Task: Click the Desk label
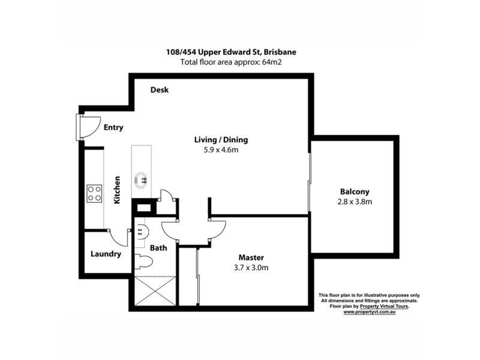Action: (160, 89)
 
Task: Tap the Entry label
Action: (113, 127)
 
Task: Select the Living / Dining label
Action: (221, 140)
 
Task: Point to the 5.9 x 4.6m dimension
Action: (221, 149)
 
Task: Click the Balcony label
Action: (355, 191)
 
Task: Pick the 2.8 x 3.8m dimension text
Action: (355, 202)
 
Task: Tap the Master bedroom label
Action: (251, 257)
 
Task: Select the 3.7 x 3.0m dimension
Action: (251, 268)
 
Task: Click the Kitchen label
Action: (117, 190)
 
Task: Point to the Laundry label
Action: (106, 254)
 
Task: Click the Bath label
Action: (158, 248)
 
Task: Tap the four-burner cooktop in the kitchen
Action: (94, 193)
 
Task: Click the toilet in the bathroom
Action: (143, 262)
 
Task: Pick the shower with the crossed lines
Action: (155, 291)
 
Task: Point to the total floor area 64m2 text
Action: (231, 62)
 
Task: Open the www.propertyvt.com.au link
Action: (369, 312)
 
